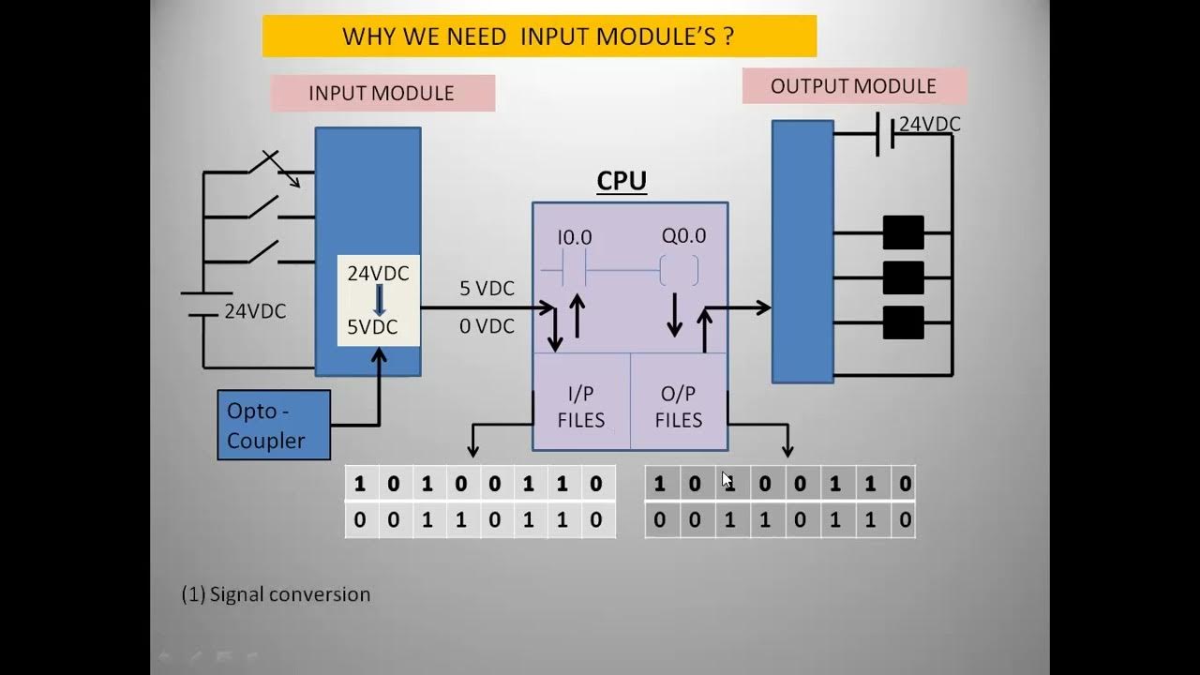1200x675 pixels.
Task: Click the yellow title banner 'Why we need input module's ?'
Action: point(539,37)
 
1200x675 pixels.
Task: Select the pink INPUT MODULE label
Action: point(382,94)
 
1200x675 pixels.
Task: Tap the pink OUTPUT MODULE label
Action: point(853,86)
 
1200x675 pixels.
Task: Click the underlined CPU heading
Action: point(622,181)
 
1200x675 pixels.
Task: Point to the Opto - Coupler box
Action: point(274,425)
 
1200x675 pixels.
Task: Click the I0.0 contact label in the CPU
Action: point(575,238)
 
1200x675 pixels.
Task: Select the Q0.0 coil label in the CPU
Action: point(683,236)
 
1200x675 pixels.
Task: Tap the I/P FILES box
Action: point(581,407)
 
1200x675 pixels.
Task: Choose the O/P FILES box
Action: point(679,407)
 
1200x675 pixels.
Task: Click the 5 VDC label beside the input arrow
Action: point(487,289)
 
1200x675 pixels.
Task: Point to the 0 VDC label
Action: point(487,326)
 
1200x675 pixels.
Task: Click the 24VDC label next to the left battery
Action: point(255,312)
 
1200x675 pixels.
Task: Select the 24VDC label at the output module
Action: point(929,125)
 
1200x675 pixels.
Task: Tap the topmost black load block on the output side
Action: point(903,232)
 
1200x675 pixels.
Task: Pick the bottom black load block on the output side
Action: point(903,322)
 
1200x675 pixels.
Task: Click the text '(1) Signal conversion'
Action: point(276,594)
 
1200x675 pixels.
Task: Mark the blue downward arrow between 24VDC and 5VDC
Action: point(379,300)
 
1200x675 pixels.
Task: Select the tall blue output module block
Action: point(802,251)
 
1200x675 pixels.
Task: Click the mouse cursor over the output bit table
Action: point(727,480)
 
